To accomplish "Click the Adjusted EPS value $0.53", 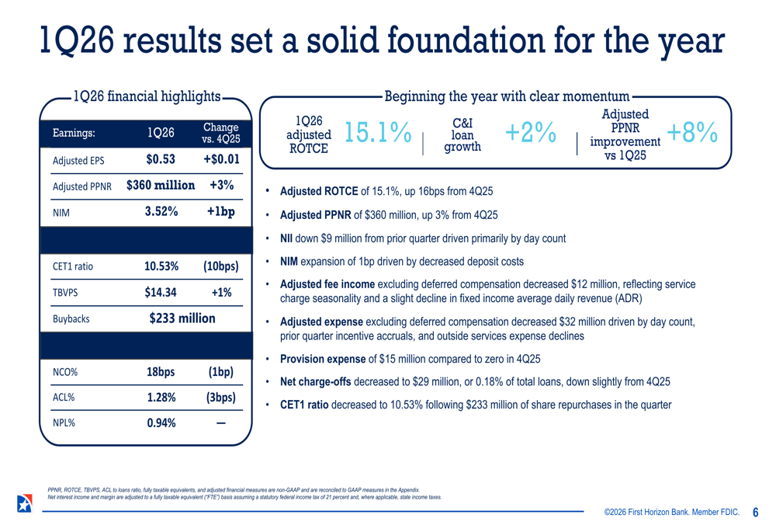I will [161, 160].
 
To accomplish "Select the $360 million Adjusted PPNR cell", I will [161, 186].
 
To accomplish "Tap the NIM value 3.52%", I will [161, 211].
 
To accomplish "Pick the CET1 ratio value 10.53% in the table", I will [161, 266].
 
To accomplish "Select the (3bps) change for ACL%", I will [220, 397].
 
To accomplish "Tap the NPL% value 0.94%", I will [161, 422].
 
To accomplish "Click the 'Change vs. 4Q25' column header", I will [220, 133].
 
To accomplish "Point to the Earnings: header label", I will [74, 133].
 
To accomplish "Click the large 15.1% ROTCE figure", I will [377, 133].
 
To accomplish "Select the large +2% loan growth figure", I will [530, 133].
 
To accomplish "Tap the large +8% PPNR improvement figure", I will [691, 133].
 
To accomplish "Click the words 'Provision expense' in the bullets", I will [322, 359].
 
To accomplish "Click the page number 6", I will [755, 513].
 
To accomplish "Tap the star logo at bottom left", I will [24, 502].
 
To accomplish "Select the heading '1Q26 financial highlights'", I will [146, 96].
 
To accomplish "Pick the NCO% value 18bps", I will [161, 371].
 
